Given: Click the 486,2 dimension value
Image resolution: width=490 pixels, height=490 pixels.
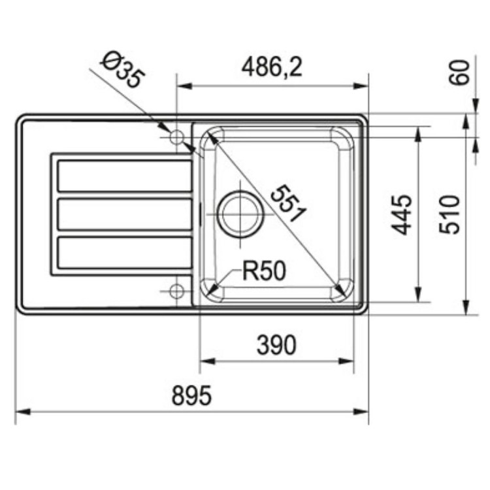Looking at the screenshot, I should tap(272, 67).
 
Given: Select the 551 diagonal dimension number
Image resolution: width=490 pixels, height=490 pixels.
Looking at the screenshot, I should tap(288, 203).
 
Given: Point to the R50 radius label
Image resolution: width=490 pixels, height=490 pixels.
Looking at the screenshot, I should tap(264, 270).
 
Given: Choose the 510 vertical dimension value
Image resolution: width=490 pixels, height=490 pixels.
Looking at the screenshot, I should tap(450, 214).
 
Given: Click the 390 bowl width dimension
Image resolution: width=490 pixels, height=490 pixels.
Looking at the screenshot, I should tap(276, 344).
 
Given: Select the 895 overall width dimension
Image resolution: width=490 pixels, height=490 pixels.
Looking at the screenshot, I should tap(191, 395).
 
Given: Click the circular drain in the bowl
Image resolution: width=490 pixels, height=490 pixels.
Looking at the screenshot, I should tap(240, 214).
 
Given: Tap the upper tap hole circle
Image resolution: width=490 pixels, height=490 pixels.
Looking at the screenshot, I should tap(176, 138).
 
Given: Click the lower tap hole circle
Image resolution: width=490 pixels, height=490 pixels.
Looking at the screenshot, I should tap(176, 291).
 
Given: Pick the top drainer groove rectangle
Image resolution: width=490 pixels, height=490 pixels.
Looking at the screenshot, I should tap(124, 176).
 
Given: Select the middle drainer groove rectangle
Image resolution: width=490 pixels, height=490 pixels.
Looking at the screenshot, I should tap(124, 214).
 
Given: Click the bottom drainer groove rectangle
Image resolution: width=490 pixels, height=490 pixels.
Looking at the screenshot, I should tap(124, 253).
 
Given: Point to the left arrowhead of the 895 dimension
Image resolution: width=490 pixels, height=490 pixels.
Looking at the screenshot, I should tap(20, 412).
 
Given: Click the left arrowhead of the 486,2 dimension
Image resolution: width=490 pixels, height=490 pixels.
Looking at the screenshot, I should tap(182, 86).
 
